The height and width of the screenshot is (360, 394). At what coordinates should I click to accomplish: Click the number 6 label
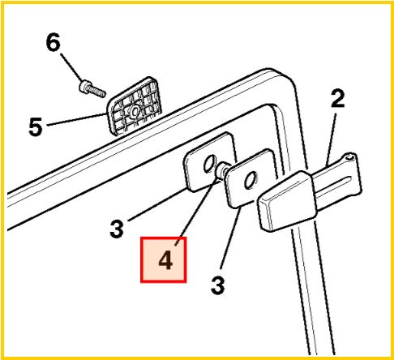click(53, 41)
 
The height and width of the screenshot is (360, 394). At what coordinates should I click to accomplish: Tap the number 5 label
click(36, 126)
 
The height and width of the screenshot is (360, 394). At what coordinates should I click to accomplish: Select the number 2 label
click(338, 99)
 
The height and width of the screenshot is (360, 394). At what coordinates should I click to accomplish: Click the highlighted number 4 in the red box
click(165, 260)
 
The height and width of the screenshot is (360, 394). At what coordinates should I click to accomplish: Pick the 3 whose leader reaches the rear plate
click(117, 229)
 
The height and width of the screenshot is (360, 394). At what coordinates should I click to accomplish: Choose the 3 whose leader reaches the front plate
click(218, 285)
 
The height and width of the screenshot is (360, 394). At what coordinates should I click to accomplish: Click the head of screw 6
click(84, 86)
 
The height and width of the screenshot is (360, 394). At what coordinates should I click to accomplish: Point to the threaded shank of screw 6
click(96, 91)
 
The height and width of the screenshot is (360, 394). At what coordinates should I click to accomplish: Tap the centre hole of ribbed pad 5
click(135, 111)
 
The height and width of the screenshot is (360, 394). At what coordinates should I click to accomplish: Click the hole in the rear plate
click(210, 163)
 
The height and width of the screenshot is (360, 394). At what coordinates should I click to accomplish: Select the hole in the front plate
click(251, 180)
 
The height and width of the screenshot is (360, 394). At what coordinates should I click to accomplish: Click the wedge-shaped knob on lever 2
click(287, 201)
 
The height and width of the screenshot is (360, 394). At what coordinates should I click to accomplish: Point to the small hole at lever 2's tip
click(350, 156)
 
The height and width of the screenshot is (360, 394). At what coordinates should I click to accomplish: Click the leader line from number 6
click(71, 67)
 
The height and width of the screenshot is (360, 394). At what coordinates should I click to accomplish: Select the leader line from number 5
click(77, 119)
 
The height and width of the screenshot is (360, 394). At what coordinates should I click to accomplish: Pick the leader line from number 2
click(332, 139)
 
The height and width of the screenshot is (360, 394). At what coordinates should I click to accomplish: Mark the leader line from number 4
click(198, 212)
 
